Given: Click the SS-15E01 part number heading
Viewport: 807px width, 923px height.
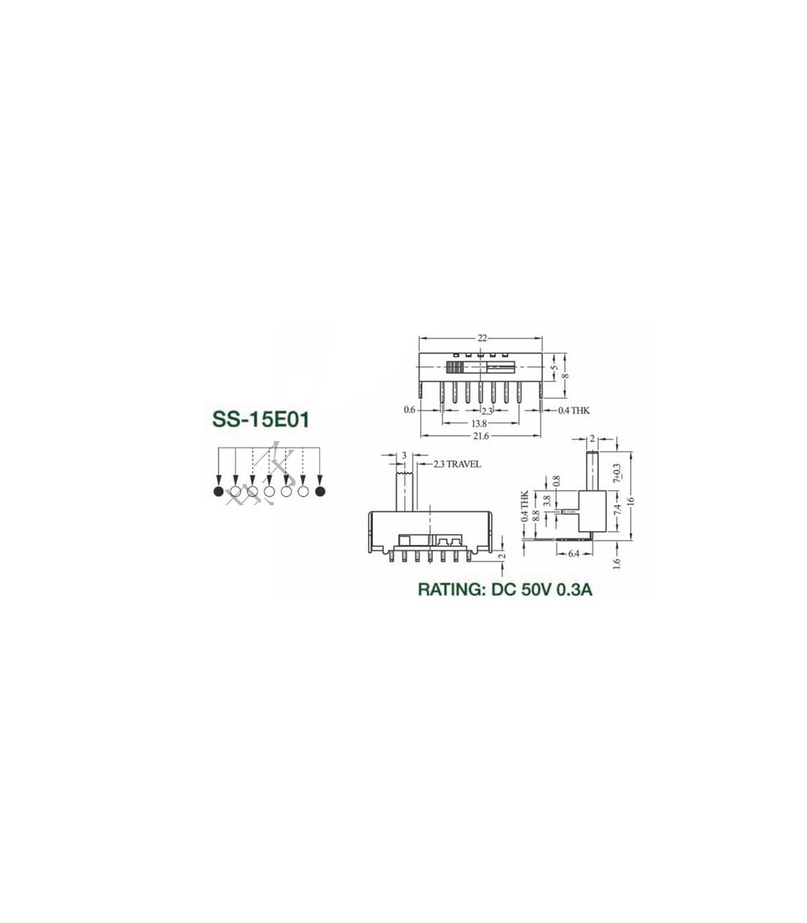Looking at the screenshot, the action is point(261,420).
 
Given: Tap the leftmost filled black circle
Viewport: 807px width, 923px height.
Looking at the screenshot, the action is point(218,491).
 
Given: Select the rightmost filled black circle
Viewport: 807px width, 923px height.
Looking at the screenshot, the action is point(320,491).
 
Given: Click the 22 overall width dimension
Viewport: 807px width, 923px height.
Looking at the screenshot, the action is point(482,338).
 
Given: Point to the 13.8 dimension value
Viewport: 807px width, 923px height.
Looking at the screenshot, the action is point(479,424).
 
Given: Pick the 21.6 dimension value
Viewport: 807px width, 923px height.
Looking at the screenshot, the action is point(480,436).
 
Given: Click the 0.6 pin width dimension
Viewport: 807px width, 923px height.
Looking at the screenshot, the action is point(410,410).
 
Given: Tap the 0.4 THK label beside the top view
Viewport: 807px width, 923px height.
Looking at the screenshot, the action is point(574,410).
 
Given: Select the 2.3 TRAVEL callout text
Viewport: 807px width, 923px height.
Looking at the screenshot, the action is point(457,464).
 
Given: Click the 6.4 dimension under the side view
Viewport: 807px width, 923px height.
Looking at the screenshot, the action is point(573,554).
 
